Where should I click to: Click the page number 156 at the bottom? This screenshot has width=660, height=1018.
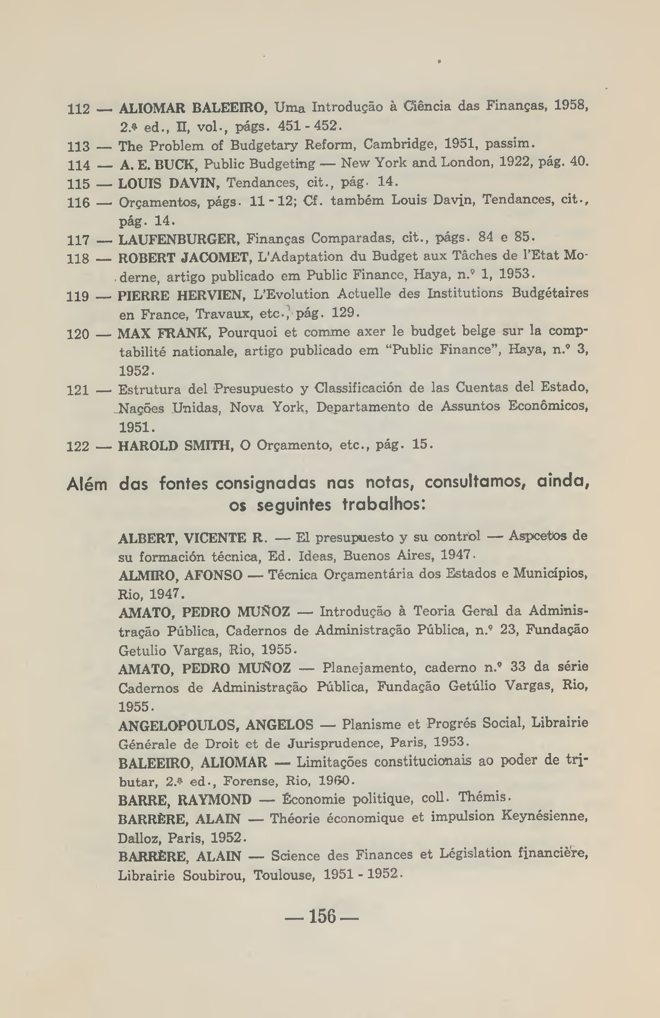pos(322,916)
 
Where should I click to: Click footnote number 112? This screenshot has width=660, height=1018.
pos(79,109)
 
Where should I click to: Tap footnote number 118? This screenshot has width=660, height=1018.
pos(78,259)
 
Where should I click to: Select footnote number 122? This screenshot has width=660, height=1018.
pos(78,447)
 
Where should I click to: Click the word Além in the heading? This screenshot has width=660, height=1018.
pos(87,485)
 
